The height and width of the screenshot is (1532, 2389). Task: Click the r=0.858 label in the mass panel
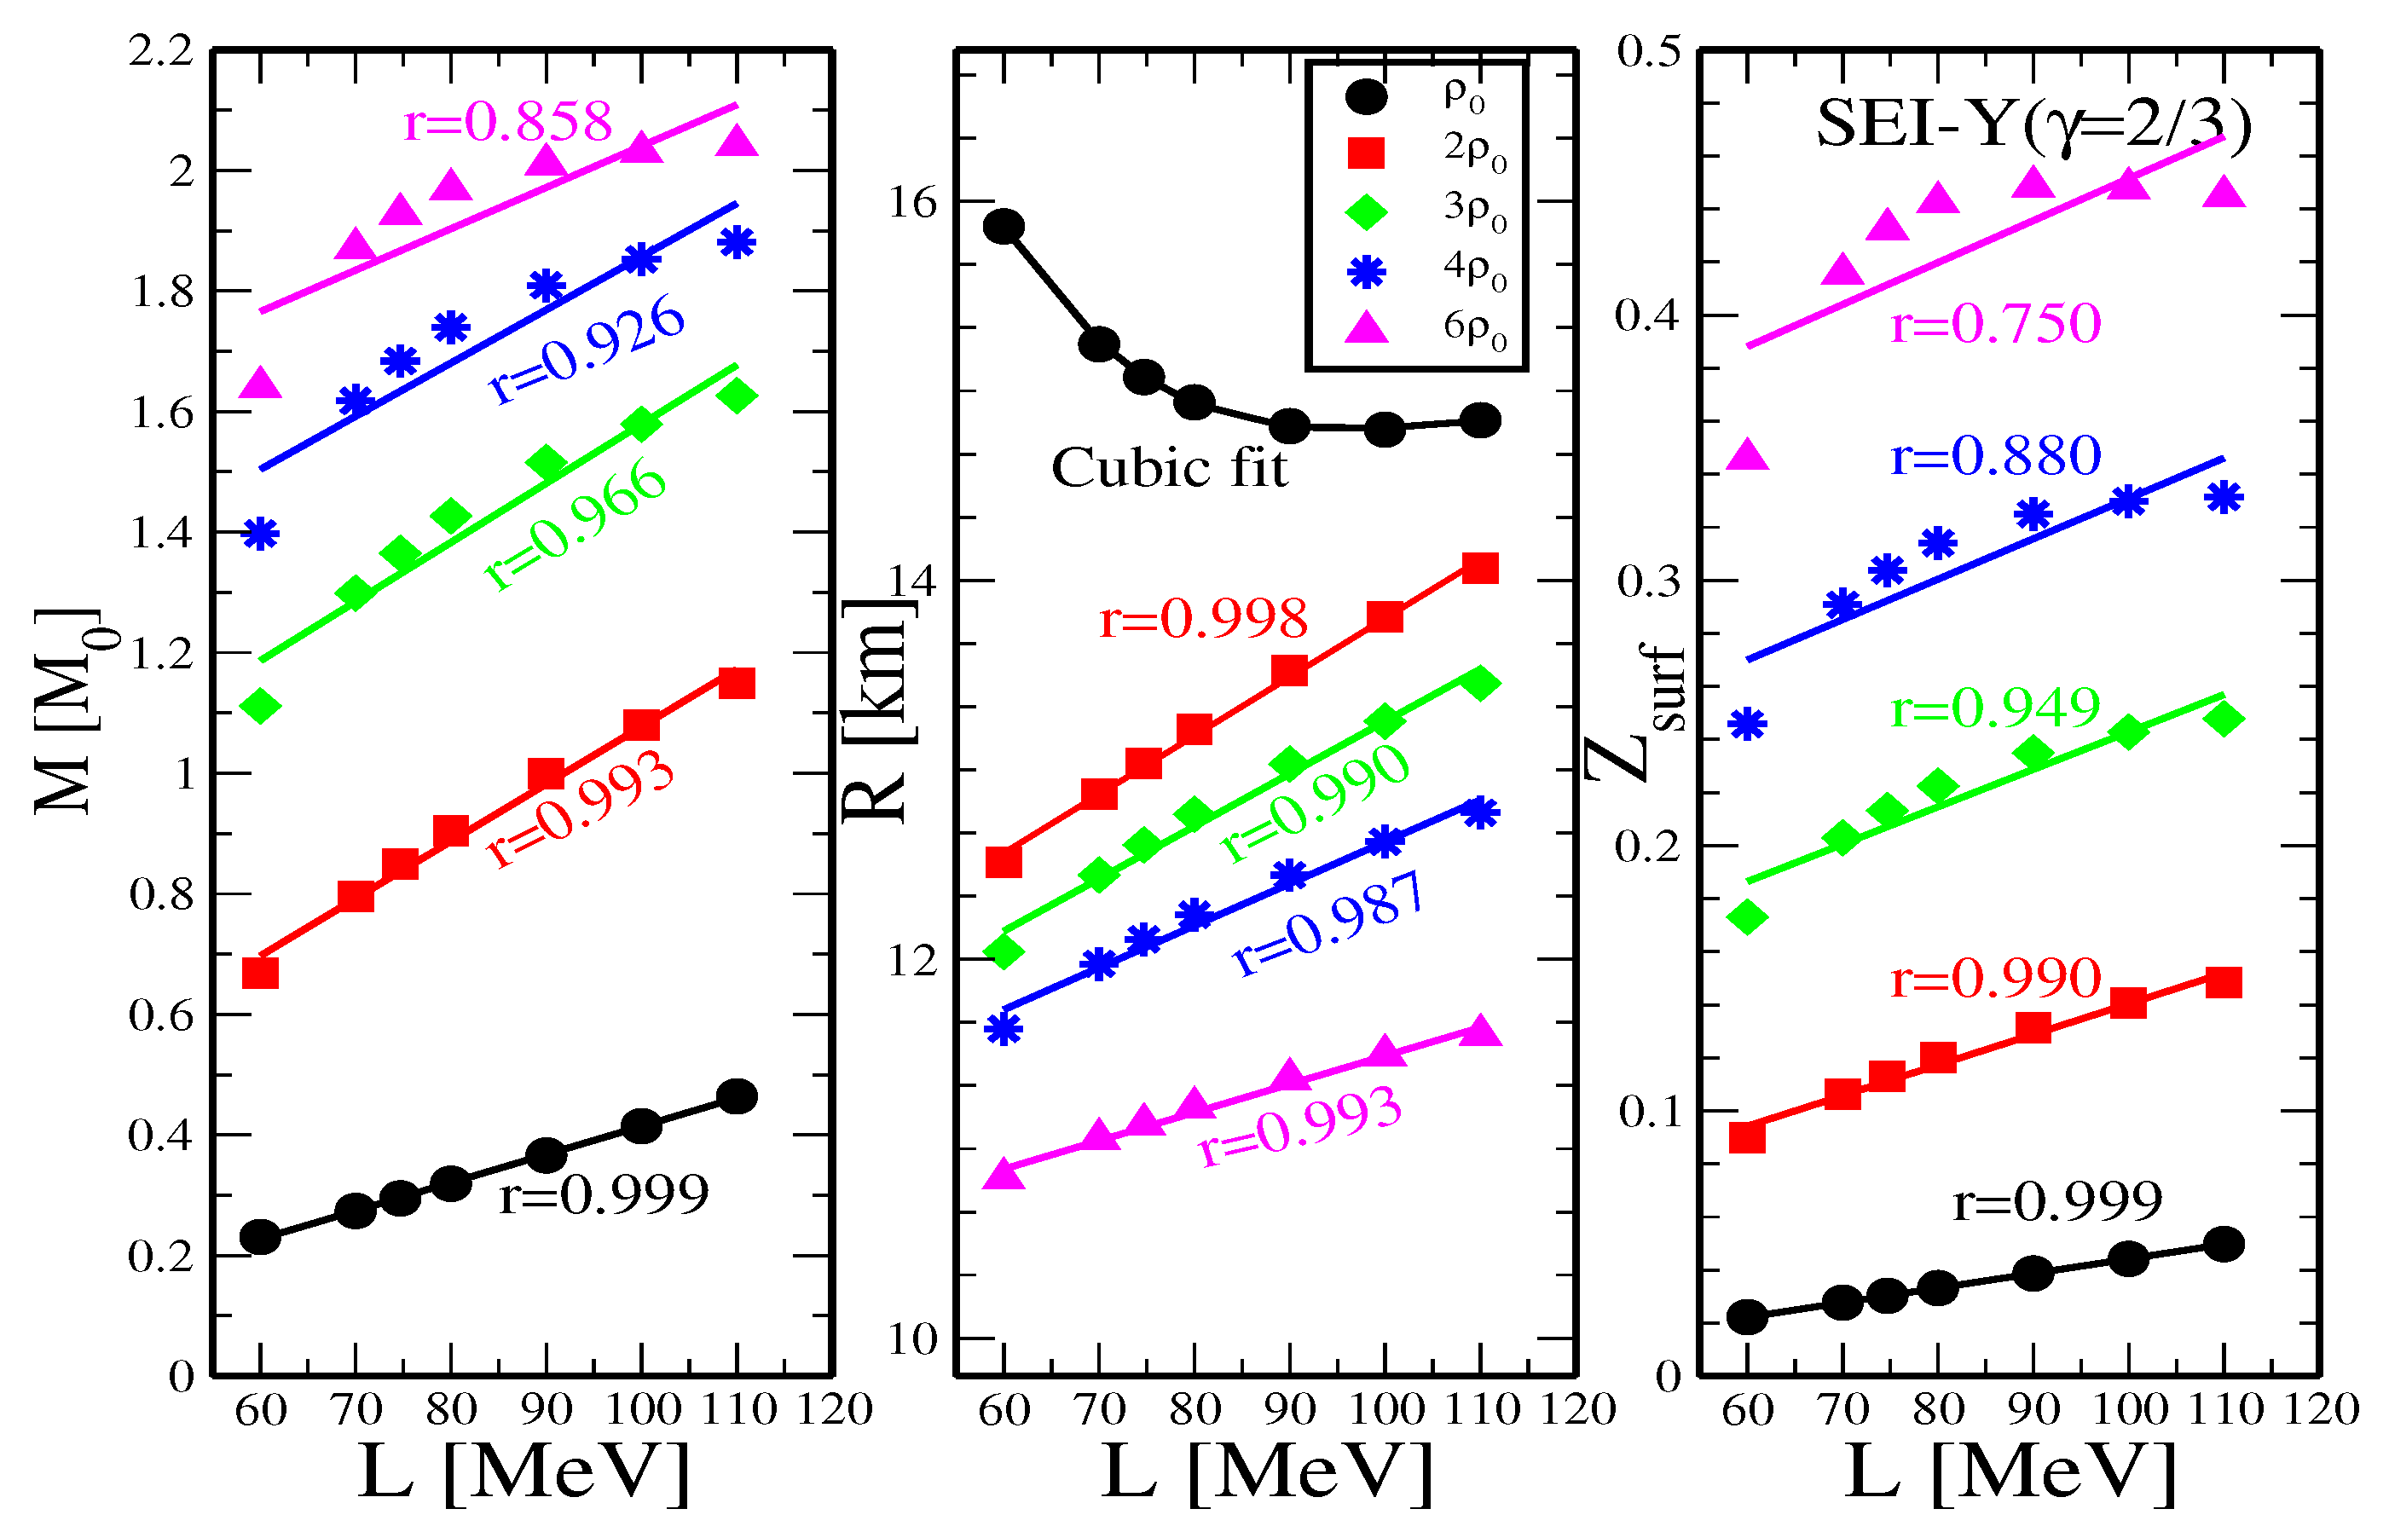click(507, 123)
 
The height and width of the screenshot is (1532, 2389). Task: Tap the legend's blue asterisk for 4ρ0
click(1366, 270)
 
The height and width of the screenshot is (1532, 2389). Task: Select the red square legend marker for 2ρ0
click(1366, 153)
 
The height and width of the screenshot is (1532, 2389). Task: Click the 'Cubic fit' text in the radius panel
click(1169, 467)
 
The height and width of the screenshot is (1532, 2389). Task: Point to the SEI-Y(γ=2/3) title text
click(2034, 126)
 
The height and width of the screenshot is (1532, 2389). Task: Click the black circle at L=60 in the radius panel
click(1004, 226)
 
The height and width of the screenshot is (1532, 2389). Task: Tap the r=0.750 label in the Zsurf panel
click(1995, 324)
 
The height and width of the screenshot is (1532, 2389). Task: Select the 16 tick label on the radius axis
click(912, 203)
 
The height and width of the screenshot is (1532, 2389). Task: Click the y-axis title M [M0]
click(70, 711)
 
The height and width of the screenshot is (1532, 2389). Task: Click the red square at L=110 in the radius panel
click(1480, 568)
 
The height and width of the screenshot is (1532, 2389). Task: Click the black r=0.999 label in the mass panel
click(604, 1194)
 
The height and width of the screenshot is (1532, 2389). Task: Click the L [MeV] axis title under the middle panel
click(1267, 1472)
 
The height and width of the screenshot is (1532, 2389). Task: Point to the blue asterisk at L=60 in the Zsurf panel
click(1748, 723)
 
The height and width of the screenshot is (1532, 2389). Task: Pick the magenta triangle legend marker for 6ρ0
click(1366, 328)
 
